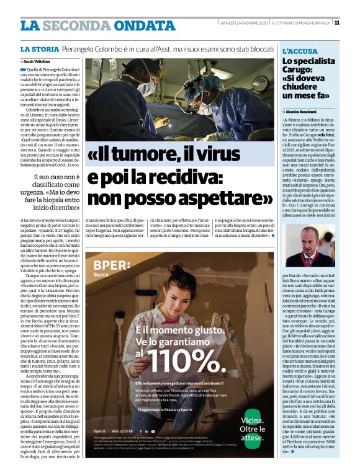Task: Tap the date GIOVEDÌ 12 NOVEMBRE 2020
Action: [244, 23]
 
